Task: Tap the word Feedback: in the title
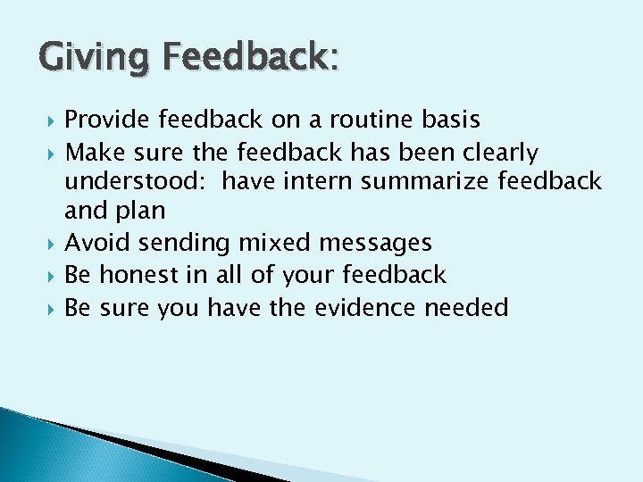pyautogui.click(x=243, y=60)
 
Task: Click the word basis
pyautogui.click(x=450, y=120)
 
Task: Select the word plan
pyautogui.click(x=140, y=212)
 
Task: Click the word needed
pyautogui.click(x=466, y=308)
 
